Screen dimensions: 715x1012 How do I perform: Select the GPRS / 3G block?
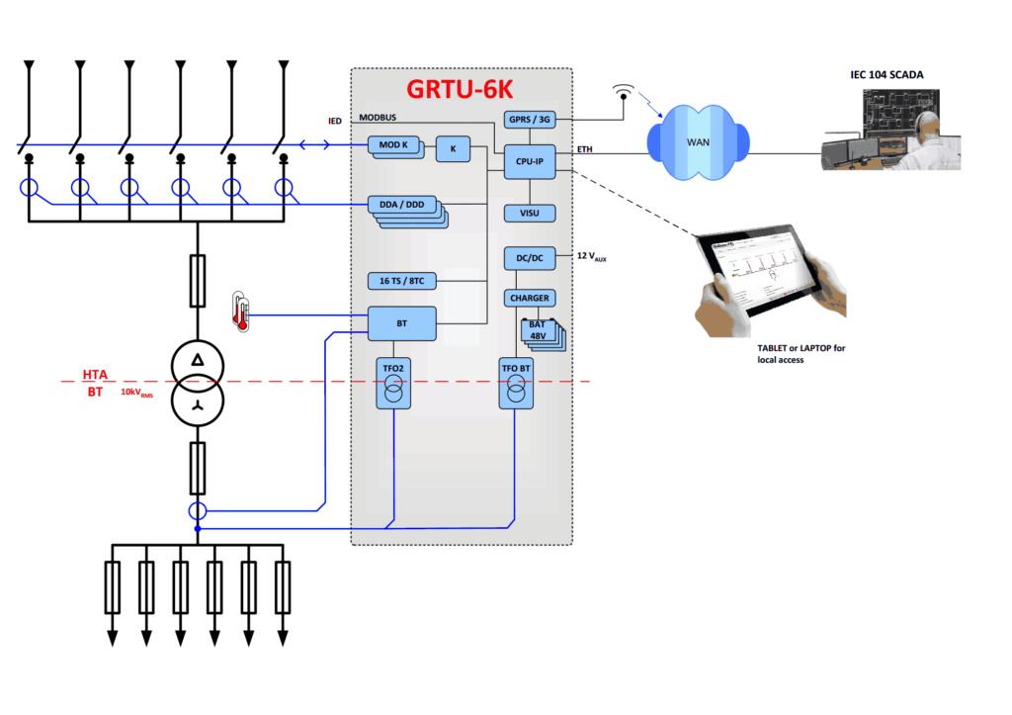coord(529,120)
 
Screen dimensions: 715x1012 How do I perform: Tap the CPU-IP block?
coord(529,160)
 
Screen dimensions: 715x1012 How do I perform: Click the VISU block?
coord(529,213)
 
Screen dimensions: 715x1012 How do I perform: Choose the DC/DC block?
coord(529,257)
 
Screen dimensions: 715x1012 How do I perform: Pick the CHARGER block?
coord(529,298)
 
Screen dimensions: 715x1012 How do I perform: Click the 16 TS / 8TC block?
coord(401,282)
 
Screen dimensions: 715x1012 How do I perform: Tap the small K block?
coord(454,149)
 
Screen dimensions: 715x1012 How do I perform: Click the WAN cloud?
coord(699,142)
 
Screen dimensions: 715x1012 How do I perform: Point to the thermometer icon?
coord(239,310)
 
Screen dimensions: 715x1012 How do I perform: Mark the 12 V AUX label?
coord(591,257)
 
